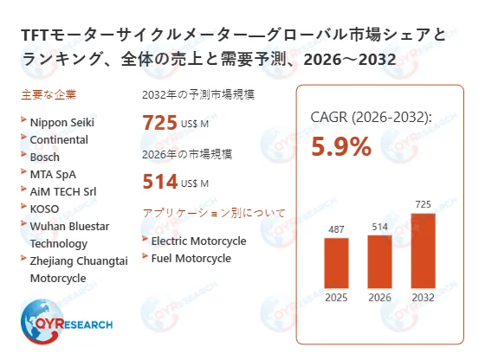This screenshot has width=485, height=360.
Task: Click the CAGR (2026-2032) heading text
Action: (x=371, y=118)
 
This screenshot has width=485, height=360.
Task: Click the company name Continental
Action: (x=59, y=138)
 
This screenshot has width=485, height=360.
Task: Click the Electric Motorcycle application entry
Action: (x=198, y=241)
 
